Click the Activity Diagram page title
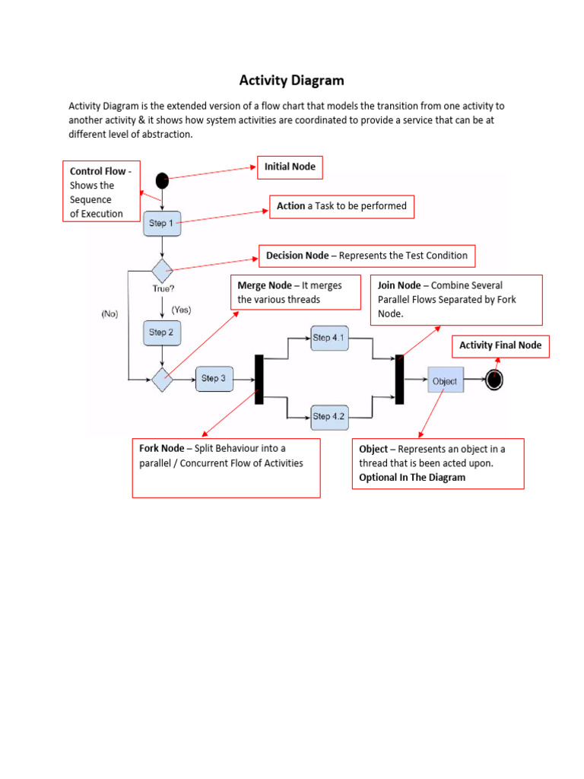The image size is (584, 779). tap(292, 80)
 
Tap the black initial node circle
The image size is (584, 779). tap(162, 180)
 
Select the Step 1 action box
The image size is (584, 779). tap(162, 224)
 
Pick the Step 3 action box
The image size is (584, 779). tap(214, 378)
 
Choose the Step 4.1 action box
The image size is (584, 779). tap(329, 337)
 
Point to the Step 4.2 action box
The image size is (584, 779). tap(329, 416)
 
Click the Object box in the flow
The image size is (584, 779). tap(445, 380)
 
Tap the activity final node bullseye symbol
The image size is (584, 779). tap(494, 380)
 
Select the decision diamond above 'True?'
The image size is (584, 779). tap(162, 270)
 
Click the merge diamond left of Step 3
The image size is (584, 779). tap(162, 378)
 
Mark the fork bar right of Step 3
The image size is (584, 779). tap(259, 379)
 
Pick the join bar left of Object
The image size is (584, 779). tap(399, 379)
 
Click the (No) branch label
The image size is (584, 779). tap(109, 313)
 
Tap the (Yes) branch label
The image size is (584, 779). tap(182, 310)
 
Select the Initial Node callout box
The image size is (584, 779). tap(290, 167)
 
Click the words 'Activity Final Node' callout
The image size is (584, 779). tap(500, 345)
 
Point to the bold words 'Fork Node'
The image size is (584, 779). tap(161, 449)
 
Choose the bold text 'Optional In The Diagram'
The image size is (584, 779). tap(412, 477)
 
